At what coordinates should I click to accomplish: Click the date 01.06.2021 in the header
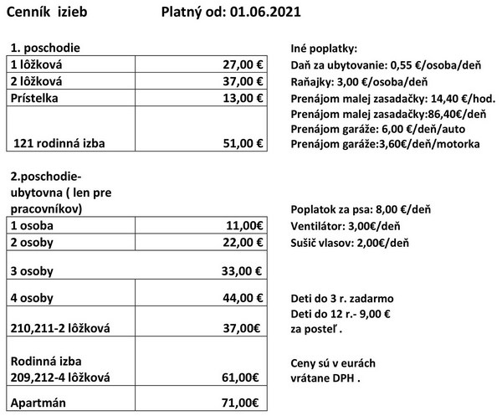[x=264, y=13]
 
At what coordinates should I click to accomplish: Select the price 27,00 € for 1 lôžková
[x=240, y=64]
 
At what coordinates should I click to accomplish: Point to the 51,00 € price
[x=240, y=144]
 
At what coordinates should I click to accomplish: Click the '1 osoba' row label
[x=32, y=225]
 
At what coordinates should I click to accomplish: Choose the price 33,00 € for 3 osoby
[x=240, y=271]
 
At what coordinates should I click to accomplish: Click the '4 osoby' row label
[x=33, y=299]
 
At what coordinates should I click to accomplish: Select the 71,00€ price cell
[x=243, y=403]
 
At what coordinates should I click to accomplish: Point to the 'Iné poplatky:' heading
[x=324, y=49]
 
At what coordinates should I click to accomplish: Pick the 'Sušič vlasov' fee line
[x=349, y=243]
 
